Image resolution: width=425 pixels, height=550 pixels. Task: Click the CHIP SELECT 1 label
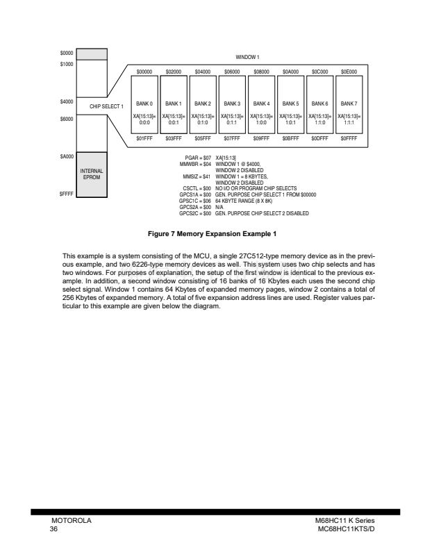click(x=106, y=106)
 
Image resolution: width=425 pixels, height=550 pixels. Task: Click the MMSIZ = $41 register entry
click(x=194, y=177)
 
